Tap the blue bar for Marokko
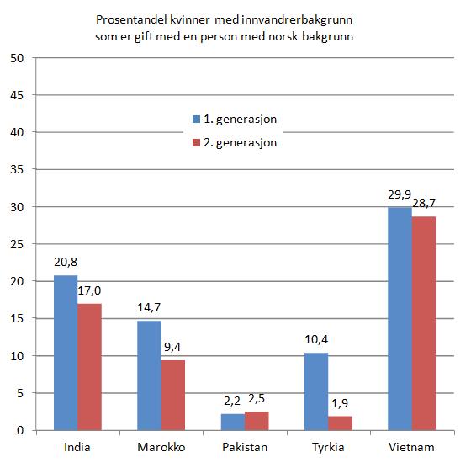(x=149, y=375)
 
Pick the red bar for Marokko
(x=173, y=395)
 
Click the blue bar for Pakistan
(x=231, y=422)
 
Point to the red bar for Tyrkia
(x=340, y=423)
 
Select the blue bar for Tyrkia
(x=315, y=391)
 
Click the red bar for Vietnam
(x=423, y=323)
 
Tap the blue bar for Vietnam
(x=399, y=319)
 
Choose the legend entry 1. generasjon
(x=241, y=119)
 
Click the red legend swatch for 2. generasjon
(x=196, y=143)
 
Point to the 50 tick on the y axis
(x=17, y=58)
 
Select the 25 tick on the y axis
(x=17, y=244)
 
